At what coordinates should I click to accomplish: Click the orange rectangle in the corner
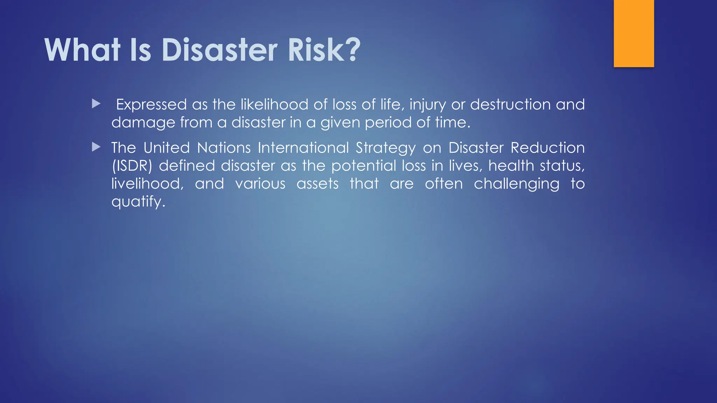(x=634, y=33)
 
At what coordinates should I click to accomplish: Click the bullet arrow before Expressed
(x=96, y=104)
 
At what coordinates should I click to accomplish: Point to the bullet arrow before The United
(x=96, y=147)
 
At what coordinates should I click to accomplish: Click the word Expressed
(x=151, y=105)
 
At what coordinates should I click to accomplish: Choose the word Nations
(x=224, y=148)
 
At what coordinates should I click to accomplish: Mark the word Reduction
(x=548, y=148)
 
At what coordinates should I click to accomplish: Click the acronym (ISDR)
(x=132, y=166)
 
